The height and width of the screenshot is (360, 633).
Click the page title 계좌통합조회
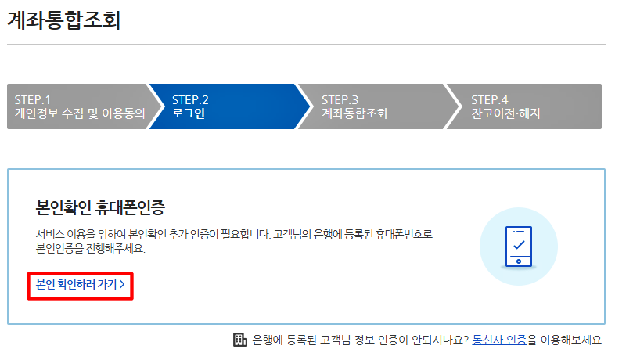tap(64, 21)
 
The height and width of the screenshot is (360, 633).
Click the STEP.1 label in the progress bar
tap(33, 99)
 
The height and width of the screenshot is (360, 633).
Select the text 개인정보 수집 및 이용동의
tap(80, 113)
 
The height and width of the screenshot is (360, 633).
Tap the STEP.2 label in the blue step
tap(190, 99)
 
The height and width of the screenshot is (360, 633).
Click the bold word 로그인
tap(189, 113)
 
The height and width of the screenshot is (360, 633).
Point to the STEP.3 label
tap(340, 99)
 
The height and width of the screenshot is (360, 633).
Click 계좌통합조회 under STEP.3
tap(354, 113)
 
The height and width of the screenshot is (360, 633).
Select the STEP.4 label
tap(489, 99)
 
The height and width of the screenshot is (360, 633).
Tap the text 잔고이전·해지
tap(505, 113)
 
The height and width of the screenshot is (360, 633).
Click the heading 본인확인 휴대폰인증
tap(101, 208)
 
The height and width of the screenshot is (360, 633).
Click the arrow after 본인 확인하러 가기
tap(122, 286)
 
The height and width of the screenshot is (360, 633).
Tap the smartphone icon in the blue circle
tap(518, 246)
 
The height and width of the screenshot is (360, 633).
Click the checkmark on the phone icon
tap(518, 244)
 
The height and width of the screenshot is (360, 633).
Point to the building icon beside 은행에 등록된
tap(240, 340)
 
